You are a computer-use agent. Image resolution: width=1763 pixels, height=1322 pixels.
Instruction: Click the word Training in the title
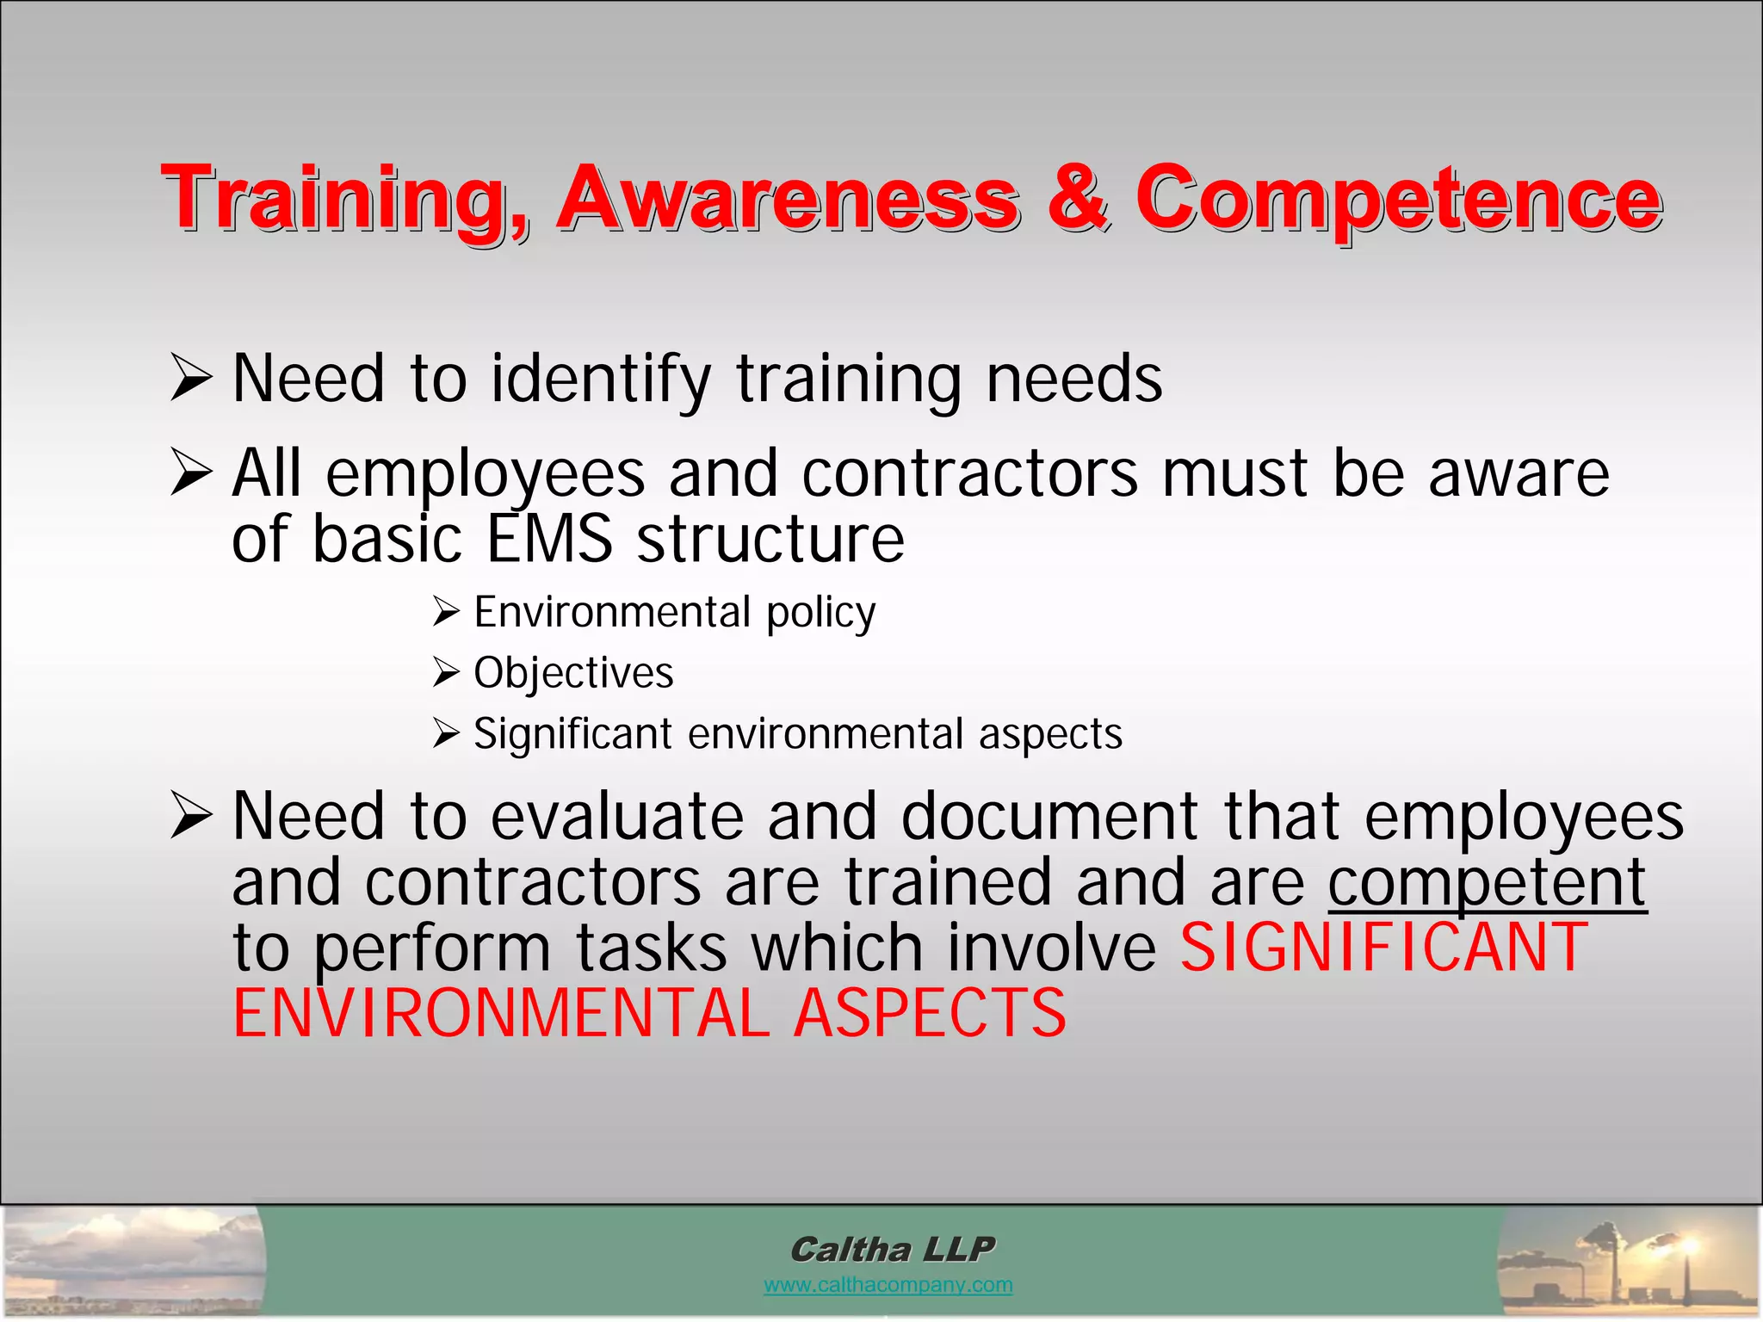tap(344, 200)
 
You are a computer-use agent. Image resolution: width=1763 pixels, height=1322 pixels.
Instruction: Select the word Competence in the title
tap(1398, 200)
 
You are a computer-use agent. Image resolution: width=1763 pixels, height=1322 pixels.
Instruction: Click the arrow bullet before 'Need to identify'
tap(190, 379)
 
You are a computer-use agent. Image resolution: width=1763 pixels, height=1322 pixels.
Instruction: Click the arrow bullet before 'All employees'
tap(190, 473)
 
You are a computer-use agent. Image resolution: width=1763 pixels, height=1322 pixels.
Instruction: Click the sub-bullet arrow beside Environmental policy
tap(446, 612)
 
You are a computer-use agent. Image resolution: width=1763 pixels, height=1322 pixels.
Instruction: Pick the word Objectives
tap(573, 673)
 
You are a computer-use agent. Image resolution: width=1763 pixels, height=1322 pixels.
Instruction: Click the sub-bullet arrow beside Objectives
tap(446, 673)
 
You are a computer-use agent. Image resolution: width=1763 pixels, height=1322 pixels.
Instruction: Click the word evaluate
tap(616, 816)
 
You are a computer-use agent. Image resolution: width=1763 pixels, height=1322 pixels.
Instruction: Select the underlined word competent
tap(1487, 883)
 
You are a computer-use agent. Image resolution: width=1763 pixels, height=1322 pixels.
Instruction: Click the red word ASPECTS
tap(930, 1013)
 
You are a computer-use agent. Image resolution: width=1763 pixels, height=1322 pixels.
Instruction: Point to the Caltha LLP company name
tap(892, 1249)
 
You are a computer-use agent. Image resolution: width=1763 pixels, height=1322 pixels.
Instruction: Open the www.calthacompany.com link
tap(888, 1285)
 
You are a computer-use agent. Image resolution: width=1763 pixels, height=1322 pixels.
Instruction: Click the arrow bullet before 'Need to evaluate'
tap(190, 816)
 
